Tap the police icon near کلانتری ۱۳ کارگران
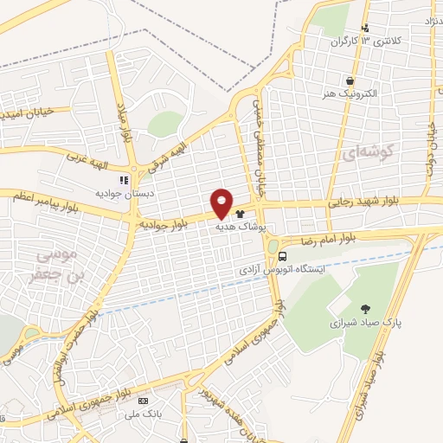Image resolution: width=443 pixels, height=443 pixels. (x=367, y=28)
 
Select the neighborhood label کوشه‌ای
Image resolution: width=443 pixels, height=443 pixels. (x=369, y=153)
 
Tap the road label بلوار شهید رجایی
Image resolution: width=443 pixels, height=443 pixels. (x=363, y=202)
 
